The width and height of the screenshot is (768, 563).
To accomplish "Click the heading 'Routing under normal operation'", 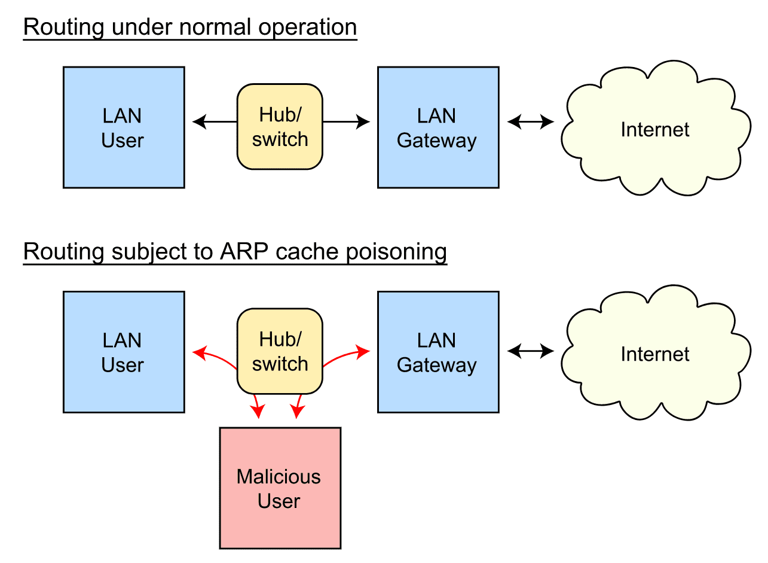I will click(x=190, y=28).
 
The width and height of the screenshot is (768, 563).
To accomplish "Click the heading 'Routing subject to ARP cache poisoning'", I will click(x=235, y=252).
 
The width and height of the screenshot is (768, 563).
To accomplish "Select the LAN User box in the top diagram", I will click(x=124, y=127).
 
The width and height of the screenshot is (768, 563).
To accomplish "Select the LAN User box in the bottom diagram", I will click(x=124, y=352).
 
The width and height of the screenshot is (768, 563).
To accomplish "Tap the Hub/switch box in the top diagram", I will click(x=280, y=127).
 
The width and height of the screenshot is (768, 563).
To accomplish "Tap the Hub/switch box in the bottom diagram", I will click(x=280, y=351).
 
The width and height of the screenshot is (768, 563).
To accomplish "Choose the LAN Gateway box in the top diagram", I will click(x=438, y=127).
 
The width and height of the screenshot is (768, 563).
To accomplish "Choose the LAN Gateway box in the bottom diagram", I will click(x=438, y=352).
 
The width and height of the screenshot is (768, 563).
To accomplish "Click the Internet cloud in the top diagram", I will click(x=655, y=129).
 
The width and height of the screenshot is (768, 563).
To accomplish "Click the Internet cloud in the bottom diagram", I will click(x=655, y=354).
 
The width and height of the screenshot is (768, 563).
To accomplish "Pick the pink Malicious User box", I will click(x=280, y=488).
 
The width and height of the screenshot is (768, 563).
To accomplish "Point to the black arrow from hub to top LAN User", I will click(x=215, y=123).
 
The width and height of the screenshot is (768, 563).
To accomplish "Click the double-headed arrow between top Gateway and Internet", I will click(x=531, y=123).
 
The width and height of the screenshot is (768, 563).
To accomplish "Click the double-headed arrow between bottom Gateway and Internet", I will click(x=531, y=352).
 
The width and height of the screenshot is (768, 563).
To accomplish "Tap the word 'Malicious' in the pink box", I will click(x=279, y=477).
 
